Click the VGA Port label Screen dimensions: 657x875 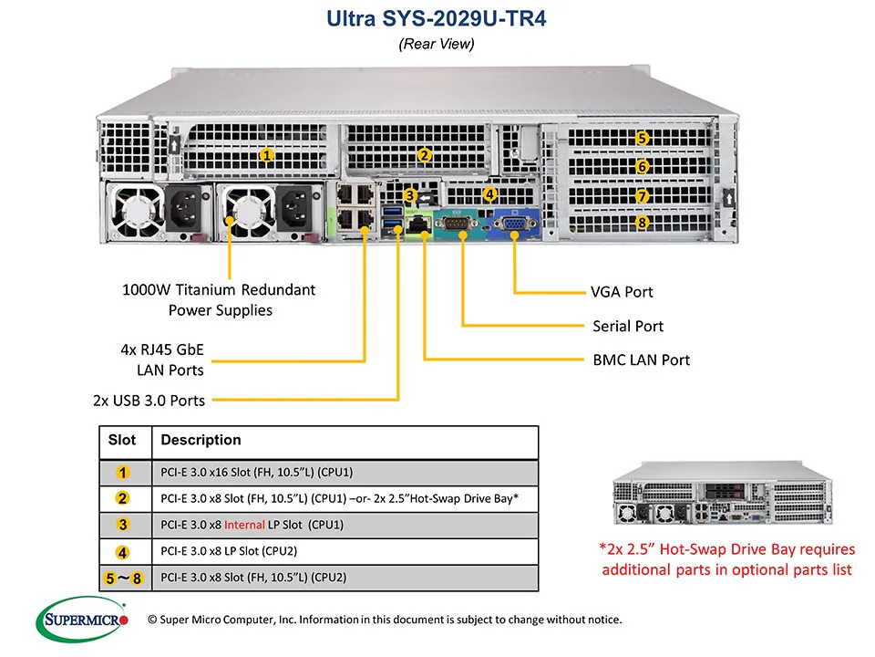(622, 293)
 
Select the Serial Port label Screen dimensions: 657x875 (627, 326)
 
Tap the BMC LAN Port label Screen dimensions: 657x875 (641, 360)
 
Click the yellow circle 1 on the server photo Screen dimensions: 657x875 (266, 155)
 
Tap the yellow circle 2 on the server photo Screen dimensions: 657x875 (424, 155)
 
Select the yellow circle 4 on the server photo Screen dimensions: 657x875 (490, 193)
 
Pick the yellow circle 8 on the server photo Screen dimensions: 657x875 (643, 222)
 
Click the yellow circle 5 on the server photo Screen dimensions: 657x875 (643, 139)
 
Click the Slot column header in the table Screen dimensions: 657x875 (122, 441)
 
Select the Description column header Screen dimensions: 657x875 (201, 441)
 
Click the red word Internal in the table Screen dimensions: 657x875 (244, 525)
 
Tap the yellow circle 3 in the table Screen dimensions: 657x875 (123, 525)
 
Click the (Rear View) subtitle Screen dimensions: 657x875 (437, 43)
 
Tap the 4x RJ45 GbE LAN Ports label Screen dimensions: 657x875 (163, 360)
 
